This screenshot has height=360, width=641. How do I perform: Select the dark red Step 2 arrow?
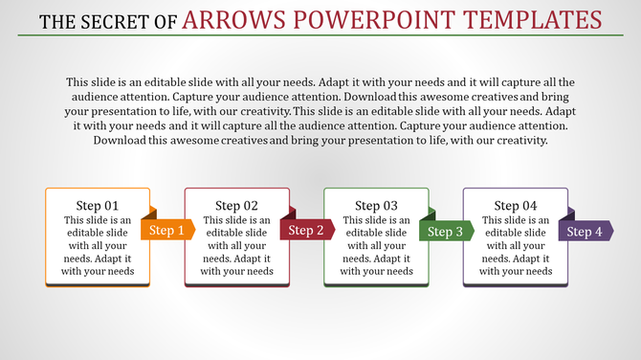tap(306, 230)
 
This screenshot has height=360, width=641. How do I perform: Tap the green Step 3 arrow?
tap(446, 231)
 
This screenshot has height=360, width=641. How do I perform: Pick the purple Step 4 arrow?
tap(586, 231)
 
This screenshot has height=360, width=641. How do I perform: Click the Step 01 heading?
tap(98, 206)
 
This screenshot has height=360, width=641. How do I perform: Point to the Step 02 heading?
tap(237, 206)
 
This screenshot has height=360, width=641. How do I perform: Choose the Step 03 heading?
tap(377, 206)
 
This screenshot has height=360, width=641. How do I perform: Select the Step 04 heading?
tap(517, 206)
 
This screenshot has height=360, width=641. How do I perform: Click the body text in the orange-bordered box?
tap(98, 246)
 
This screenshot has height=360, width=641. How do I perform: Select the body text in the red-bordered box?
tap(237, 246)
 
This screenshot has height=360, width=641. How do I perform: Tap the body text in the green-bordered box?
tap(377, 246)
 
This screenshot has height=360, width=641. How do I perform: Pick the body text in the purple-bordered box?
tap(517, 246)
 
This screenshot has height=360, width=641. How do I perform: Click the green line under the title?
tap(320, 35)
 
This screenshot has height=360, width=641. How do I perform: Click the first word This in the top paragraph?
tap(78, 82)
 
